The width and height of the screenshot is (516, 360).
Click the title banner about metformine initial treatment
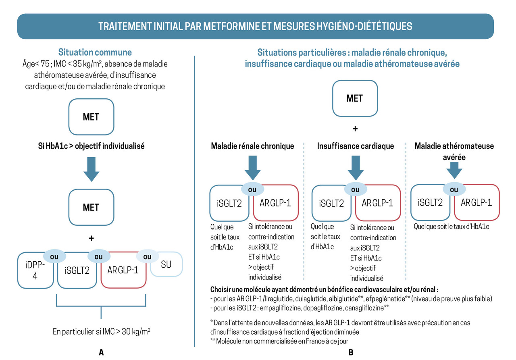[x=255, y=27]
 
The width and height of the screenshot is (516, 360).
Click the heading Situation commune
[x=95, y=52]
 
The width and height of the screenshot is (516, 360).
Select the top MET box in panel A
[x=91, y=117]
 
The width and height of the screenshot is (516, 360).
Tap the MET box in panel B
[x=354, y=98]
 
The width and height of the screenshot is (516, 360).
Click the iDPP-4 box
[x=35, y=271]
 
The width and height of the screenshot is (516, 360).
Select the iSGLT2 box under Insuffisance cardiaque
[x=332, y=204]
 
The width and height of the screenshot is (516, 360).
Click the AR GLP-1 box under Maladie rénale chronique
[x=275, y=203]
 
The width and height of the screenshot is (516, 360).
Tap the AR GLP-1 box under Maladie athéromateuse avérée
[x=476, y=203]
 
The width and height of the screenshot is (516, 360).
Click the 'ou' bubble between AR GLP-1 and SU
[x=147, y=256]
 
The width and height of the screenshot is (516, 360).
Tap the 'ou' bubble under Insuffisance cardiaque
[x=355, y=189]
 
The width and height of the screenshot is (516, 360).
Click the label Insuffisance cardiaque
[x=355, y=146]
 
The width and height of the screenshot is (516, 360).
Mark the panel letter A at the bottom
[x=102, y=352]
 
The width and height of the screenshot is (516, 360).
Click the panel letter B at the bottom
[x=351, y=352]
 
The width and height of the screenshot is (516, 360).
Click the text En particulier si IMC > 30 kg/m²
[x=102, y=332]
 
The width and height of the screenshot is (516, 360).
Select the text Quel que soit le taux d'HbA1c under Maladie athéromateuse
[x=451, y=227]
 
